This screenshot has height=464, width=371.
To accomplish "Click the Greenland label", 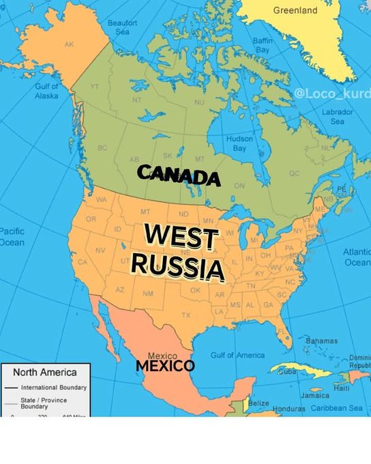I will point(295,11).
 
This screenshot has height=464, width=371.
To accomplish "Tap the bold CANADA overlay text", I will point(179,175).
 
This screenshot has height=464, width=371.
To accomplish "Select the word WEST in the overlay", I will point(181,238).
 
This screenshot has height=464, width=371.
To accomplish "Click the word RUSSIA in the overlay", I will point(178,266).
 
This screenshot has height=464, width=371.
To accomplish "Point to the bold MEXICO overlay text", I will point(165,366).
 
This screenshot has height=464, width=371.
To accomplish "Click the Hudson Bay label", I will point(239,143).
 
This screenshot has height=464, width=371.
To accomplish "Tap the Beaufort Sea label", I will point(123,27).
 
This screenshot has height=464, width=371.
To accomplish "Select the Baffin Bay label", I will point(263,46).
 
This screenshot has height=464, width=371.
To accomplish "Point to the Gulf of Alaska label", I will point(46,91).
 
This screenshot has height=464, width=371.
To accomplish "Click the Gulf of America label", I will point(237,355).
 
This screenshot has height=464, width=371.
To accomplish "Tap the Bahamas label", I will point(321,340).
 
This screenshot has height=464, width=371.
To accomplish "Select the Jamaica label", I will point(314,395).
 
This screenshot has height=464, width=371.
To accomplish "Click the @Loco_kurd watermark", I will point(333,93).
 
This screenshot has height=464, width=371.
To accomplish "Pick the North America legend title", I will point(45,373).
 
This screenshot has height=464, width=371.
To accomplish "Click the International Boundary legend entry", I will point(53,388).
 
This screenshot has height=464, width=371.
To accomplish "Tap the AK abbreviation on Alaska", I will point(69,44).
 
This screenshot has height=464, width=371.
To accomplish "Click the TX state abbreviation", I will point(185,315).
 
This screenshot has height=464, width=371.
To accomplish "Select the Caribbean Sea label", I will point(337,408).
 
